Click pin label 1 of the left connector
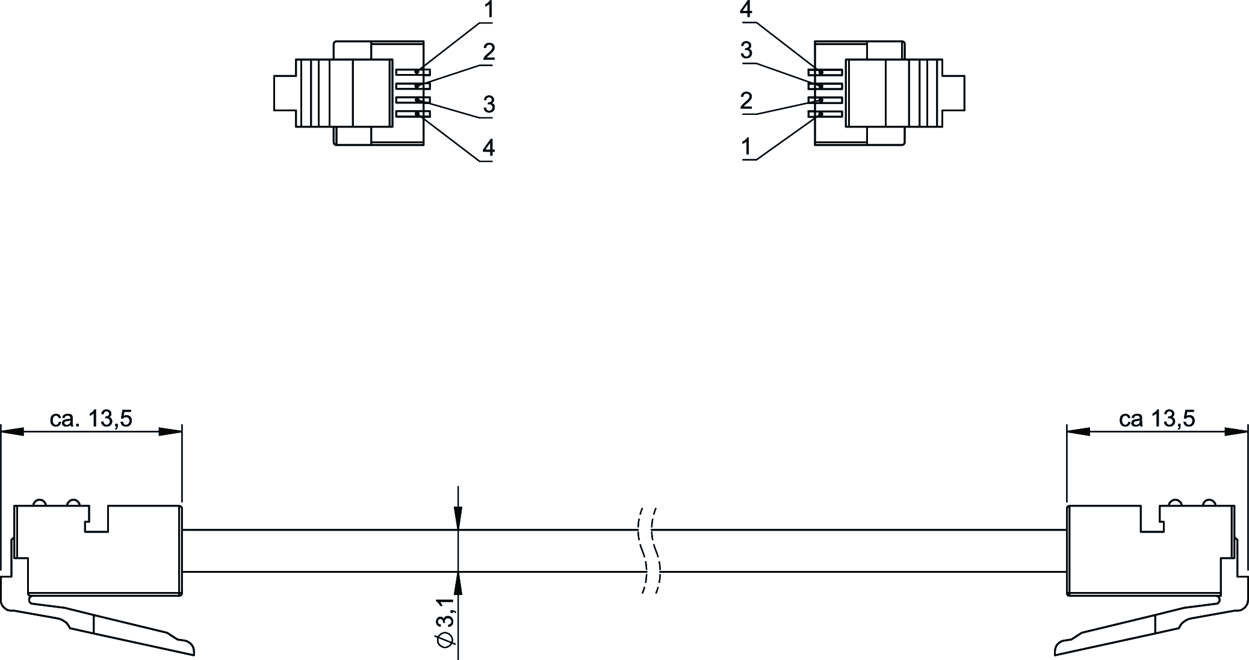point(489,10)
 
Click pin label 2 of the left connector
point(489,52)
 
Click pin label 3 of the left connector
point(489,104)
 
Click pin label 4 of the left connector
point(489,147)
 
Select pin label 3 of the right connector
point(746,51)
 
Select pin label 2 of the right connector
point(746,100)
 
